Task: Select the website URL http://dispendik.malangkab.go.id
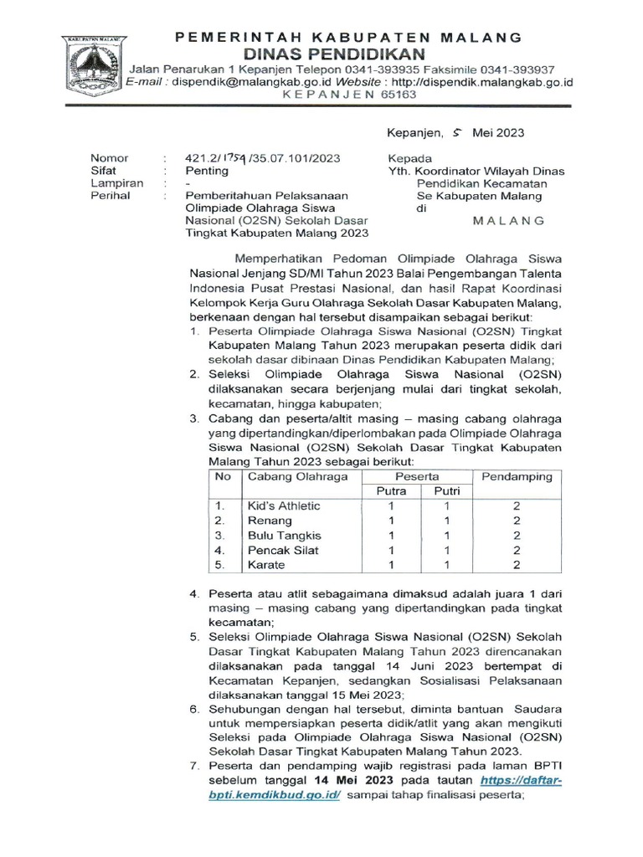click(481, 82)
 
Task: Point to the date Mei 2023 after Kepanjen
click(498, 132)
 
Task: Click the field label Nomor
click(109, 158)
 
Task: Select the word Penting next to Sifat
click(206, 171)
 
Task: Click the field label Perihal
click(111, 196)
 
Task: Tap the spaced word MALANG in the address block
click(509, 220)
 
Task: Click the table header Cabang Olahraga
click(285, 476)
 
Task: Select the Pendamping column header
click(517, 476)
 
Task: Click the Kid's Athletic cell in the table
click(284, 506)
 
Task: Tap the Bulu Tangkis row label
click(284, 536)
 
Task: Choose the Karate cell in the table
click(266, 565)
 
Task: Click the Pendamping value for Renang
click(517, 521)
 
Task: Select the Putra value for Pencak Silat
click(390, 550)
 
